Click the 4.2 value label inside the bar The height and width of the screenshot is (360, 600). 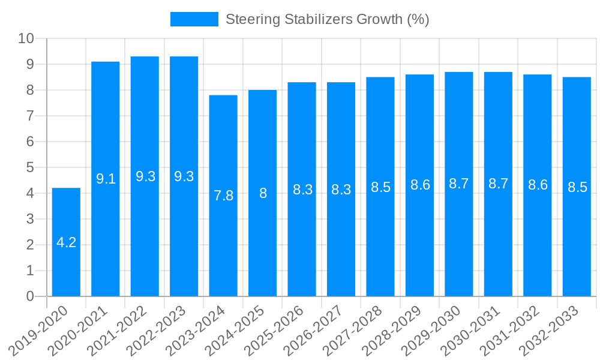tap(66, 242)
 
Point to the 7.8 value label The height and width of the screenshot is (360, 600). tap(223, 196)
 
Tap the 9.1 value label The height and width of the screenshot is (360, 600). tap(106, 179)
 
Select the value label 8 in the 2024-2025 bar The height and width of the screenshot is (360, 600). tap(263, 193)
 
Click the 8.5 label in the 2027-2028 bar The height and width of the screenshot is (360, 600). tap(380, 187)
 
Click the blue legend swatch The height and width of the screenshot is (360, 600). tap(194, 19)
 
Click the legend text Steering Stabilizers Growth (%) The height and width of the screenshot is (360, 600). tap(327, 19)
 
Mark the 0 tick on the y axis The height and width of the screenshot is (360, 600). tap(30, 296)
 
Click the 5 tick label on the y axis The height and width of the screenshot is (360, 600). tap(30, 167)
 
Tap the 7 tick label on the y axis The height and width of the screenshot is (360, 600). tap(30, 116)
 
